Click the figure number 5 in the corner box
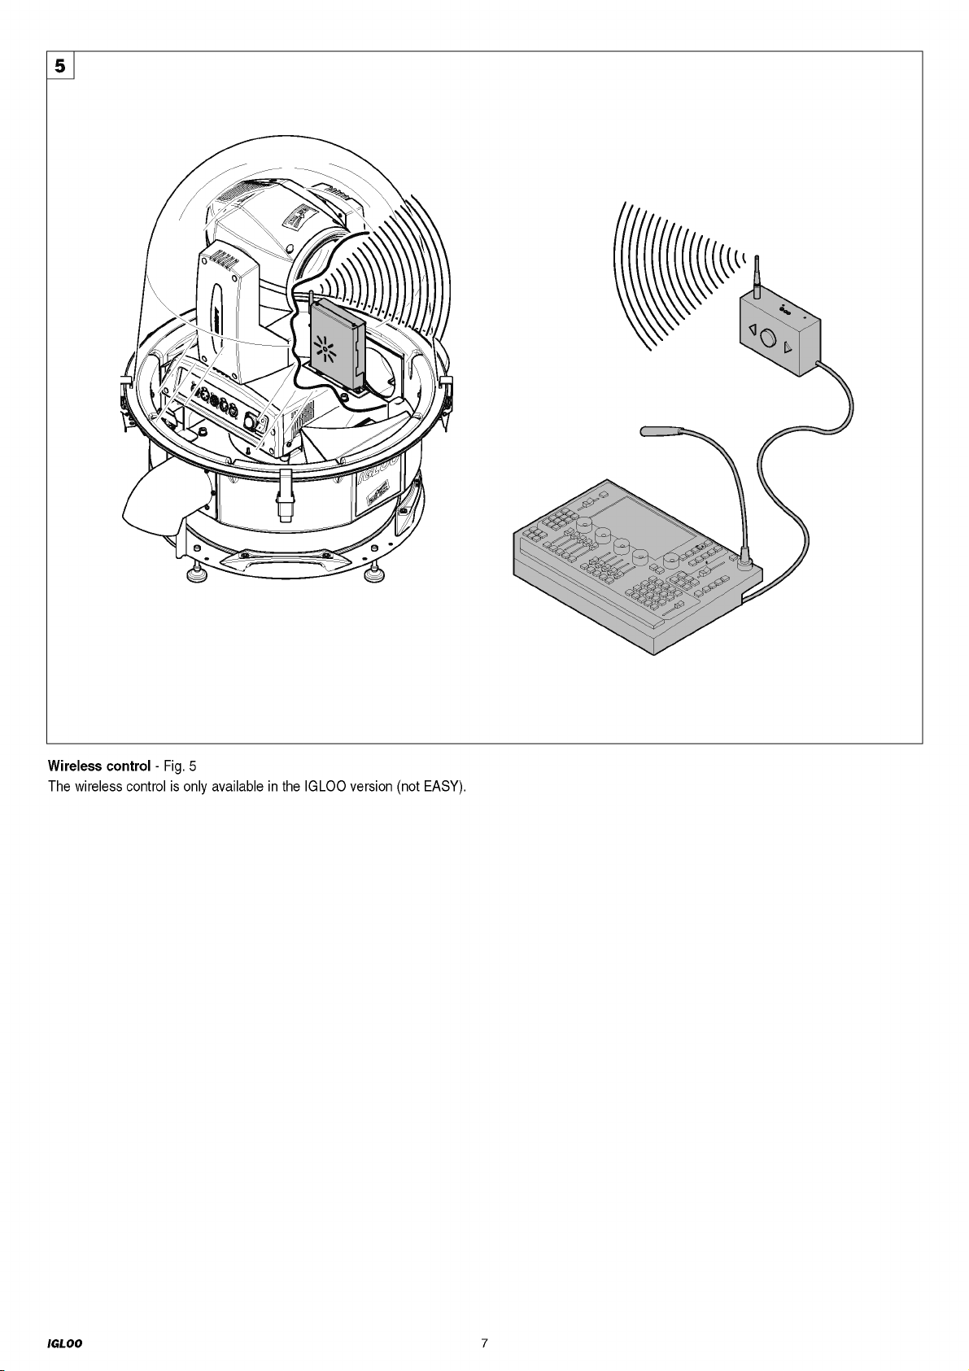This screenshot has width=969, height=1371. [x=60, y=65]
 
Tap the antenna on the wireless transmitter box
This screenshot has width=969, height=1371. [x=757, y=277]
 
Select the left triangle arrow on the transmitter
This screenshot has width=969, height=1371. [x=751, y=330]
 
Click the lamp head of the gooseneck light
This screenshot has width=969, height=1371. [x=653, y=431]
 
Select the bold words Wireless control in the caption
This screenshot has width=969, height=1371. [x=99, y=766]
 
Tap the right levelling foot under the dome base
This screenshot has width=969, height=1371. [x=373, y=574]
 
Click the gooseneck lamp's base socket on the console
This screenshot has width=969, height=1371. [x=745, y=558]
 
